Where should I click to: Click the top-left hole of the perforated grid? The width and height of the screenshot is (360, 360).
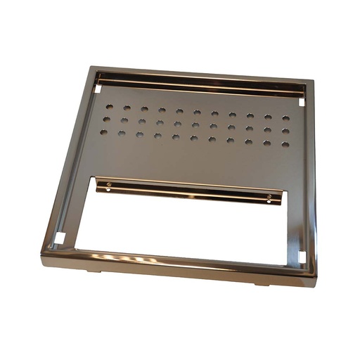click(x=110, y=108)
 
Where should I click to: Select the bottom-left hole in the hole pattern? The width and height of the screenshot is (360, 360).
click(x=104, y=131)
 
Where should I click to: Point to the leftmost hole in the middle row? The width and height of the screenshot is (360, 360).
click(x=107, y=120)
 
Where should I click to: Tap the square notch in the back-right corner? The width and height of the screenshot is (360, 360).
click(x=302, y=102)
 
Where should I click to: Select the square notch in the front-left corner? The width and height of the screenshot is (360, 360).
click(x=61, y=238)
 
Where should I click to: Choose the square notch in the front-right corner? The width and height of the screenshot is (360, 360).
click(x=302, y=257)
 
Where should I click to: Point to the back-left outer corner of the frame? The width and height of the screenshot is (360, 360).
click(x=90, y=67)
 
